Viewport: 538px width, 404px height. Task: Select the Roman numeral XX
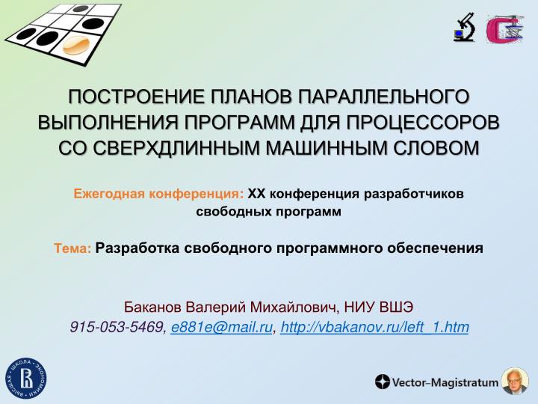pos(256,195)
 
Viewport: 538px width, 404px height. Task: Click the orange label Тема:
pos(72,248)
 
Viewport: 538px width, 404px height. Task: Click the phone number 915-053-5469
pos(117,327)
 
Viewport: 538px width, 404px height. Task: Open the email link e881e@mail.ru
pos(221,327)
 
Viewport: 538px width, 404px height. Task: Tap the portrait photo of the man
pos(513,382)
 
